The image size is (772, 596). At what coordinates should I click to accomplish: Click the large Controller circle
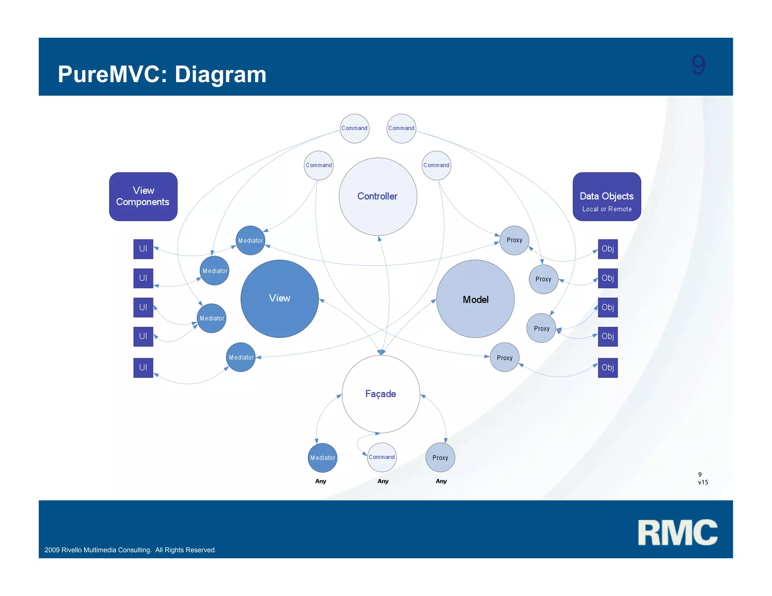pyautogui.click(x=378, y=196)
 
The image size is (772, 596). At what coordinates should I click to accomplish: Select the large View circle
pyautogui.click(x=279, y=298)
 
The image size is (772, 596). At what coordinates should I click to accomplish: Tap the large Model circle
pyautogui.click(x=475, y=299)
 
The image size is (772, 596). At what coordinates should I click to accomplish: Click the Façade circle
pyautogui.click(x=381, y=394)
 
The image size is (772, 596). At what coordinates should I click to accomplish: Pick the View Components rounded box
pyautogui.click(x=143, y=196)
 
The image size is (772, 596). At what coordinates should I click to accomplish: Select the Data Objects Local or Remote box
pyautogui.click(x=607, y=196)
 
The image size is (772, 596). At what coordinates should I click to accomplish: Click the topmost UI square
pyautogui.click(x=143, y=249)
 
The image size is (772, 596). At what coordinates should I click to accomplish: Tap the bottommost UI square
pyautogui.click(x=143, y=367)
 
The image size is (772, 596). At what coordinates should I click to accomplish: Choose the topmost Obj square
pyautogui.click(x=608, y=249)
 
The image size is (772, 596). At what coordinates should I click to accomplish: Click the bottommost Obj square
pyautogui.click(x=608, y=367)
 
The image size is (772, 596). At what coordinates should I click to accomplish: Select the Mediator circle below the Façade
pyautogui.click(x=322, y=458)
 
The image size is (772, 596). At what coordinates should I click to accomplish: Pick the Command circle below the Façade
pyautogui.click(x=381, y=457)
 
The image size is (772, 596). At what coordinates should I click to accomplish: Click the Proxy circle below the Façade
pyautogui.click(x=440, y=458)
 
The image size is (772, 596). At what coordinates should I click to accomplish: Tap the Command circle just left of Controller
pyautogui.click(x=319, y=165)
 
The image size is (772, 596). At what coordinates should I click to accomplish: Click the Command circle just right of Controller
pyautogui.click(x=436, y=165)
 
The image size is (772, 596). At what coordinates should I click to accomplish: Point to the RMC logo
pyautogui.click(x=677, y=532)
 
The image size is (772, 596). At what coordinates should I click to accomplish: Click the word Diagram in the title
pyautogui.click(x=221, y=74)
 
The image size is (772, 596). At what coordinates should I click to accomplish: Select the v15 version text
pyautogui.click(x=703, y=482)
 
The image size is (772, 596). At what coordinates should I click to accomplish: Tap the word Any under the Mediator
pyautogui.click(x=320, y=481)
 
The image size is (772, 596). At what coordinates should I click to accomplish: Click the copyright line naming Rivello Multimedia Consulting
pyautogui.click(x=130, y=550)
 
